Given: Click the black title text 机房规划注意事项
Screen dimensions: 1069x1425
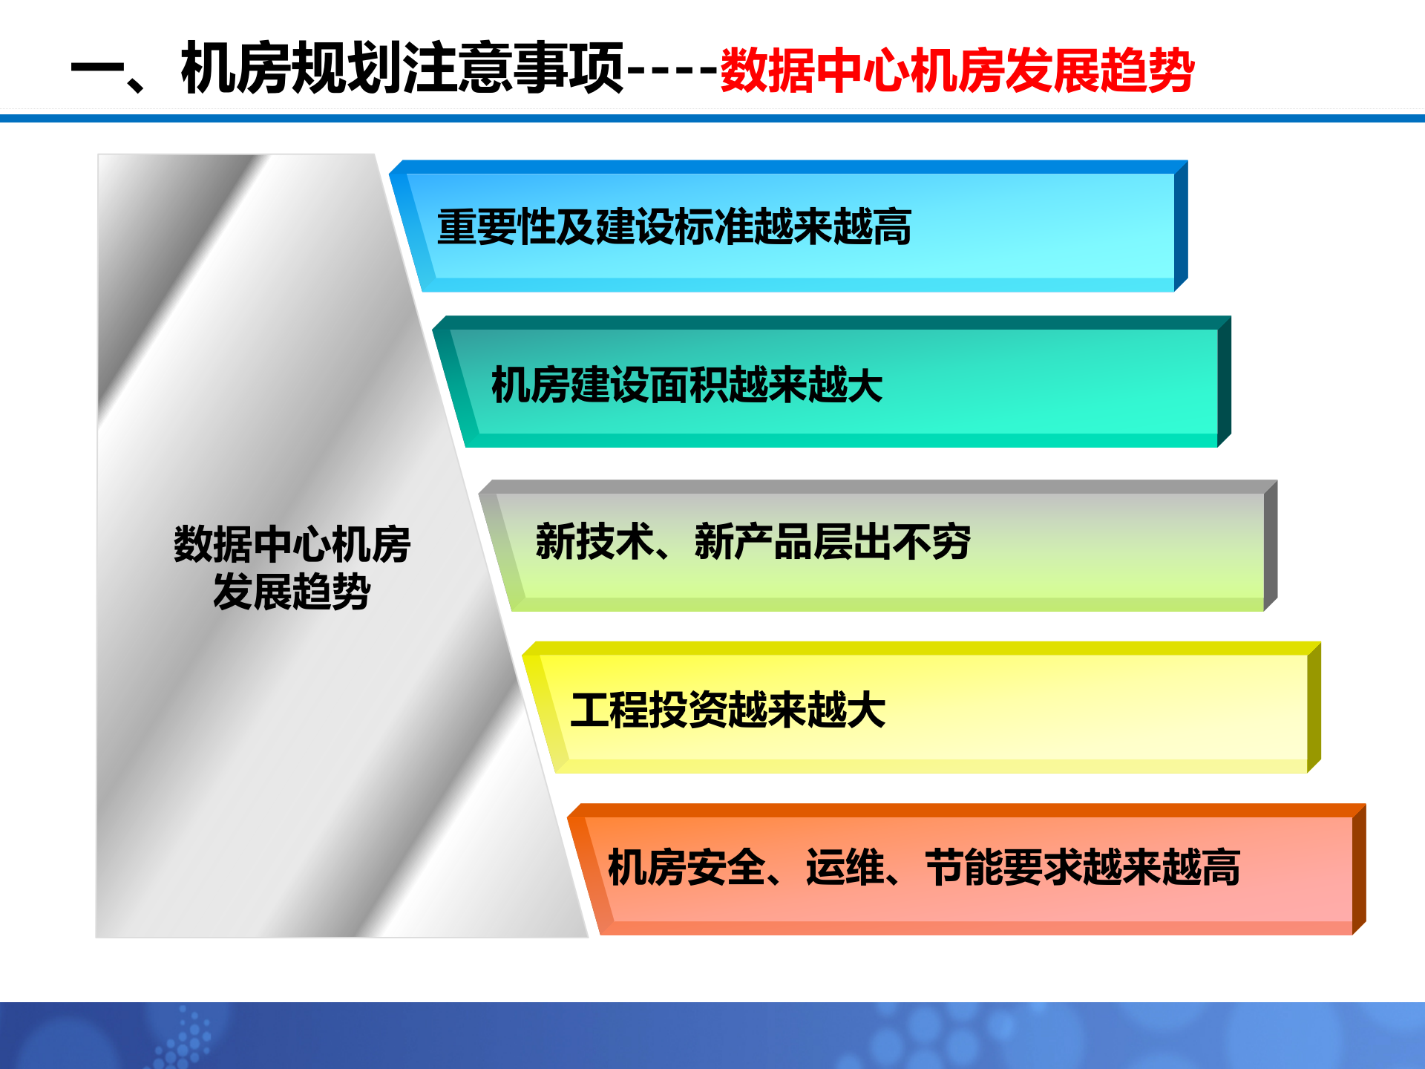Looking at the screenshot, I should (402, 68).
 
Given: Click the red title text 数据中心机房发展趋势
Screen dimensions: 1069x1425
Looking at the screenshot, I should (957, 71).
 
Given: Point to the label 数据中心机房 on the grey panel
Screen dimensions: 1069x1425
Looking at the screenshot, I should (292, 544).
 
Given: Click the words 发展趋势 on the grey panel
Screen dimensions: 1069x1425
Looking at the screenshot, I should (292, 592).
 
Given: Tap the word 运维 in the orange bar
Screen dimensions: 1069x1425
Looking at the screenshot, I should (845, 867).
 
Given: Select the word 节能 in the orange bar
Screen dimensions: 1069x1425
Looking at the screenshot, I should (964, 867).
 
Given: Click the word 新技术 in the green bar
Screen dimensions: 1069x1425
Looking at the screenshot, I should (594, 541).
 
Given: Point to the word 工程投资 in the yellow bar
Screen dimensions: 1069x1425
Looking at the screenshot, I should (649, 710).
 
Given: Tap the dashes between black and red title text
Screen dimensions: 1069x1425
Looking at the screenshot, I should (672, 71).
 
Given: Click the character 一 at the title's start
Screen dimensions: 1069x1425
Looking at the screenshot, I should (96, 71).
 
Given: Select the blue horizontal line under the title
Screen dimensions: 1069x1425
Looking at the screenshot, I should (712, 118).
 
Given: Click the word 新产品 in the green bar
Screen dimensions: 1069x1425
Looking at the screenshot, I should (753, 541).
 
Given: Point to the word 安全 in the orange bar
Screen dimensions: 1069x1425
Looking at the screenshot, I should (727, 867).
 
